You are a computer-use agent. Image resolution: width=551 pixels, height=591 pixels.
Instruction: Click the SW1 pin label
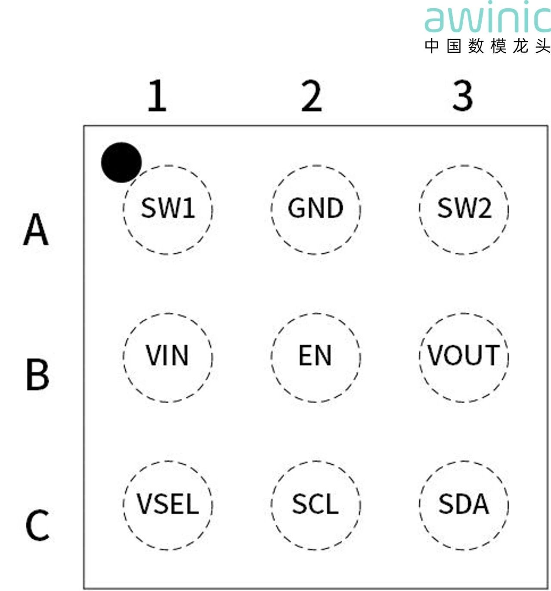(168, 208)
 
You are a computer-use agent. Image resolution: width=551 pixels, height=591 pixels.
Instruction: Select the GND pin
(316, 208)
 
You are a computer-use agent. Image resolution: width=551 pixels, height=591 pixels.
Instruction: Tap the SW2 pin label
(464, 208)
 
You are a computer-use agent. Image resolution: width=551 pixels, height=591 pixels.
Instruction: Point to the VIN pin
(167, 356)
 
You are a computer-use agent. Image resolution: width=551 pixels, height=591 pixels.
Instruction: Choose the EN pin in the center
(316, 356)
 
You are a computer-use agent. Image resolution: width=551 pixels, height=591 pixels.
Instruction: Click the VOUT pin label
(464, 356)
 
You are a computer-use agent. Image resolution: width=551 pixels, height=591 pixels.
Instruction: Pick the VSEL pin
(167, 504)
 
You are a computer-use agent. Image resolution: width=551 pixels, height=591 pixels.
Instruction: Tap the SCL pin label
(316, 504)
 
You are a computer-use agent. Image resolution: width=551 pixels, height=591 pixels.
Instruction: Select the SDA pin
(464, 504)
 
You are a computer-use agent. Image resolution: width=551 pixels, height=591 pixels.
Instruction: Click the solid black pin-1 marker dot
(121, 162)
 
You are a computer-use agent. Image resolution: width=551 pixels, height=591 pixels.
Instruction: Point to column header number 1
(157, 96)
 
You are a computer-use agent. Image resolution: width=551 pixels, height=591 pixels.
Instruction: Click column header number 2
(312, 96)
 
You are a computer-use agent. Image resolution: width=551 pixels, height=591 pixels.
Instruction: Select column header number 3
(463, 96)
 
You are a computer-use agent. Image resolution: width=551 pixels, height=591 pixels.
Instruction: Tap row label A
(36, 230)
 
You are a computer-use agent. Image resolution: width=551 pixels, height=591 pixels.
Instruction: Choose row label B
(37, 375)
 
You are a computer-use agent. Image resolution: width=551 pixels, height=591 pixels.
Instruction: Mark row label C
(37, 525)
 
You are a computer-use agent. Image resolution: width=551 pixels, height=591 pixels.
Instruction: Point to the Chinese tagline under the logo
(487, 46)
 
